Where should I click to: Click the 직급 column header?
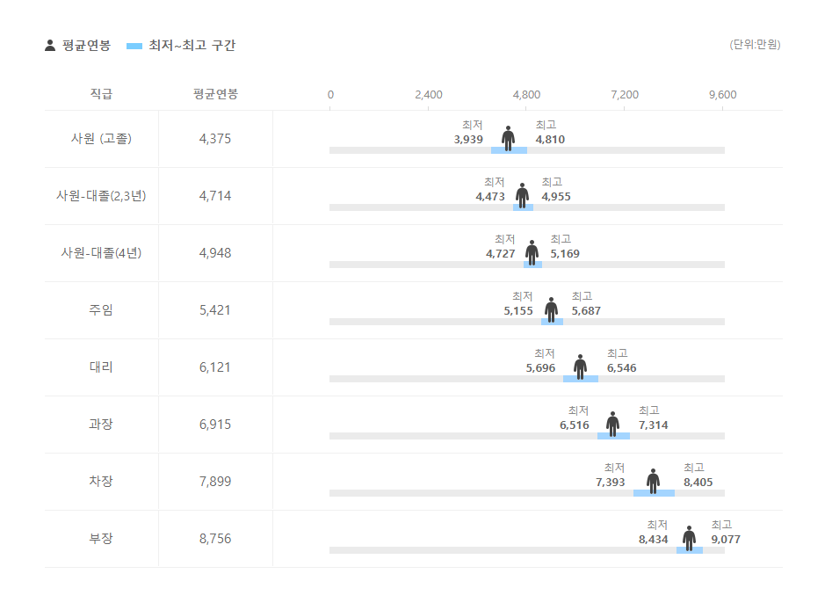pos(101,94)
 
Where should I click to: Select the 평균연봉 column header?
pos(215,94)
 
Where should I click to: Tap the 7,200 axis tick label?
pos(625,95)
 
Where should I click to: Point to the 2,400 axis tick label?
pos(428,95)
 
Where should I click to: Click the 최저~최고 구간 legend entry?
pos(182,46)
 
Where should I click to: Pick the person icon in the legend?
pos(50,46)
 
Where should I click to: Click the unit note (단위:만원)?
pos(755,45)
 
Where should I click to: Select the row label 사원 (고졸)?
pos(101,139)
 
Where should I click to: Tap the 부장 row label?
pos(101,539)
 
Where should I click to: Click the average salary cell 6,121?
pos(215,367)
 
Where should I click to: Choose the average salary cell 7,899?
pos(215,482)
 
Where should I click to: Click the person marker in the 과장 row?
pos(612,424)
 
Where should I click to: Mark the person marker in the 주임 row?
pos(551,309)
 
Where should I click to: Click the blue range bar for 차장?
pos(654,493)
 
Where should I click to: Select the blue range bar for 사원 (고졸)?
pos(509,150)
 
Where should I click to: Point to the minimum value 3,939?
pos(468,140)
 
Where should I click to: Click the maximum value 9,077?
pos(726,540)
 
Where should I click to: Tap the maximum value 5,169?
pos(565,254)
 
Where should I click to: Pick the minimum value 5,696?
pos(540,368)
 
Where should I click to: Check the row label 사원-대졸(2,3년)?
pos(101,196)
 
